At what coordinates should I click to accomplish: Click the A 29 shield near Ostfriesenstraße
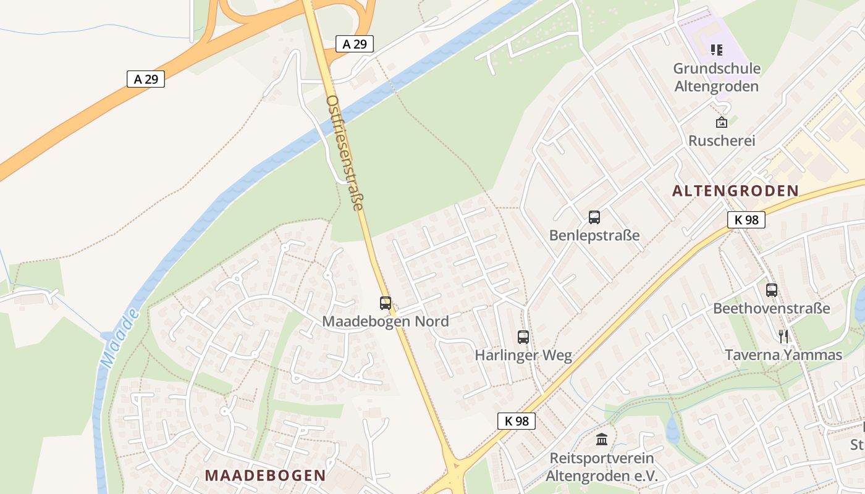tap(355, 44)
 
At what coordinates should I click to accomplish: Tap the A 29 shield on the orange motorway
tap(146, 79)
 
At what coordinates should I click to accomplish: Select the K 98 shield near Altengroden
tap(746, 220)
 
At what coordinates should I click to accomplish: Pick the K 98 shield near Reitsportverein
tap(516, 421)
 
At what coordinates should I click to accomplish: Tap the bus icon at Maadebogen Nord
tap(386, 303)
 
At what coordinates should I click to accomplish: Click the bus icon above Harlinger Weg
tap(523, 337)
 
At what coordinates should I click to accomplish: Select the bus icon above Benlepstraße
tap(594, 217)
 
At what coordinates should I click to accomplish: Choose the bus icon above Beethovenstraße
tap(772, 290)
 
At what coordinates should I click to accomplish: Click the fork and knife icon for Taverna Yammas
tap(783, 337)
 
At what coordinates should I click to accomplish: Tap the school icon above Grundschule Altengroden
tap(717, 50)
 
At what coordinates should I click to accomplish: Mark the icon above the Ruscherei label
tap(721, 122)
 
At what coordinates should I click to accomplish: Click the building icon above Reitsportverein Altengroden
tap(602, 440)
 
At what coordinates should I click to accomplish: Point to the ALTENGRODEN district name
tap(735, 191)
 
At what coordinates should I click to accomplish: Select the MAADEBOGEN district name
tap(265, 475)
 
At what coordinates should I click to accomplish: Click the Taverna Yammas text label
tap(783, 355)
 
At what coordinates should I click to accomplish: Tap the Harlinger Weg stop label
tap(523, 356)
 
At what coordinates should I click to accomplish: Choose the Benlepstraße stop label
tap(594, 236)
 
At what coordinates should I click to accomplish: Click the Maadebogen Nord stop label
tap(386, 322)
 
